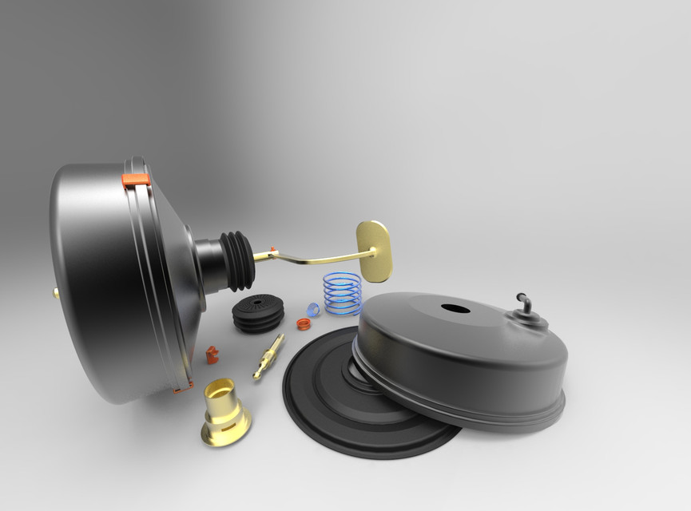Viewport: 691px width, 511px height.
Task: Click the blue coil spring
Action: tap(342, 292)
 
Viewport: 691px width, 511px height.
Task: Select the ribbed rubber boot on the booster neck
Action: tap(238, 260)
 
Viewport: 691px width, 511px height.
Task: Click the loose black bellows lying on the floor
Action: tap(258, 313)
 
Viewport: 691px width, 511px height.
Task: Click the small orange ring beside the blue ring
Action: tap(304, 323)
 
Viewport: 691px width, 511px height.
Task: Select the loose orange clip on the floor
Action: tap(212, 354)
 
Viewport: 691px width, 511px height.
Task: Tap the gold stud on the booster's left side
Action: tap(56, 293)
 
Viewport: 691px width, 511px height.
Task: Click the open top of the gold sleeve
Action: tap(220, 390)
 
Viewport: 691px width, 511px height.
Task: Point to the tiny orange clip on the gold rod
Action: tap(274, 250)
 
